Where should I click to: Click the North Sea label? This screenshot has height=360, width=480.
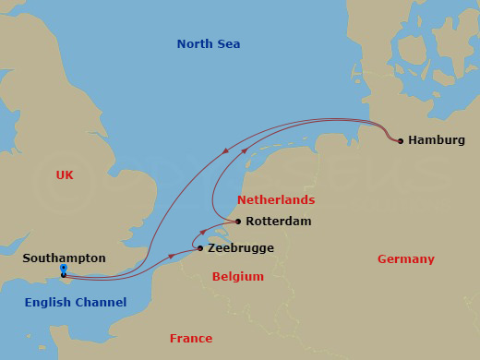click(x=210, y=43)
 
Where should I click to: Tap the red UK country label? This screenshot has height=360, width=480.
click(x=64, y=174)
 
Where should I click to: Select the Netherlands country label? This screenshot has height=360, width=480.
click(x=276, y=199)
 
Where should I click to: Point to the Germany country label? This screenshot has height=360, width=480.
click(x=405, y=259)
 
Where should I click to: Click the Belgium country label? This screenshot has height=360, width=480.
click(x=237, y=276)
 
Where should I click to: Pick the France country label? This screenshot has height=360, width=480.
click(x=190, y=338)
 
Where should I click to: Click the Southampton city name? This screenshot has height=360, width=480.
click(x=64, y=258)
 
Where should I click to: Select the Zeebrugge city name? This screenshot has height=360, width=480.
click(x=241, y=248)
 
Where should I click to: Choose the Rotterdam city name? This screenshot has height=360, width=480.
click(x=279, y=222)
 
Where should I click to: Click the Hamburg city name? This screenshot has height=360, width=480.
click(x=436, y=140)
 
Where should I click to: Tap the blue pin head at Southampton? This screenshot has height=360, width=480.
click(x=63, y=268)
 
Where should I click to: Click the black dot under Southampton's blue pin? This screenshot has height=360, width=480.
click(x=63, y=275)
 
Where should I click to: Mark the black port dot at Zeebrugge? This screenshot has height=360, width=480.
click(x=200, y=247)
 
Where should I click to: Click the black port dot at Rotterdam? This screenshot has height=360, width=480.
click(x=238, y=222)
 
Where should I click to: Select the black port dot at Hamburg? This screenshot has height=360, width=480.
click(x=400, y=140)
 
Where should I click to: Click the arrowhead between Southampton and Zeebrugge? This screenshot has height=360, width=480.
click(x=169, y=257)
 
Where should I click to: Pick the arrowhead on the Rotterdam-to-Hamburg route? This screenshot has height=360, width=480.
click(x=246, y=150)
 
